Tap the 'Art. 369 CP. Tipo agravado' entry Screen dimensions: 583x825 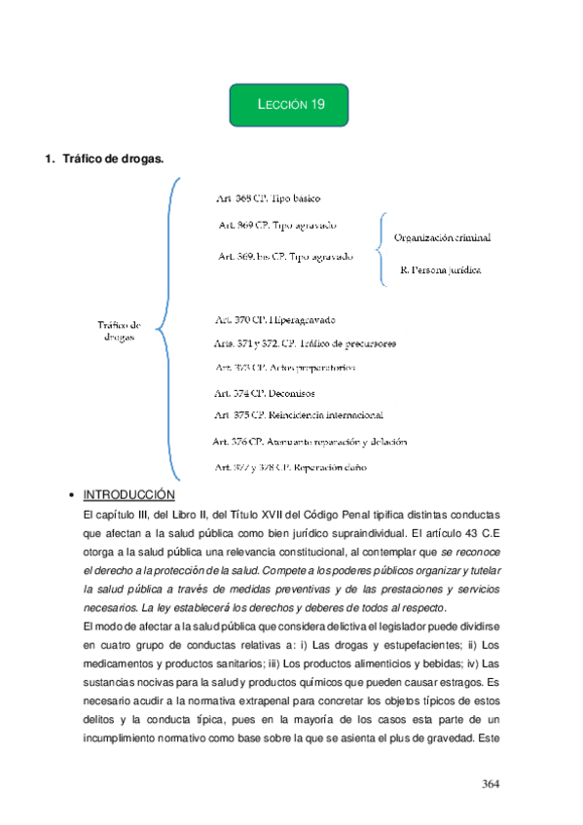coord(277,225)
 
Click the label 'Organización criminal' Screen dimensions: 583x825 coord(442,237)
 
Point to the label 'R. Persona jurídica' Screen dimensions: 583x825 coord(440,269)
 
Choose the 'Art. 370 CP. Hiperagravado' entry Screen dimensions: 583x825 coord(274,319)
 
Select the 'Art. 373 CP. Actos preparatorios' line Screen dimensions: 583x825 coord(284,368)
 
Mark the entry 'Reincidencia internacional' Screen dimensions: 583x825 coord(298,415)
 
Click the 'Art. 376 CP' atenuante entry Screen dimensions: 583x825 coord(309,442)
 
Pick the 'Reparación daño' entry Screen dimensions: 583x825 coord(291,467)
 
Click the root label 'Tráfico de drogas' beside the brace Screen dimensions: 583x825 coord(120,331)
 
